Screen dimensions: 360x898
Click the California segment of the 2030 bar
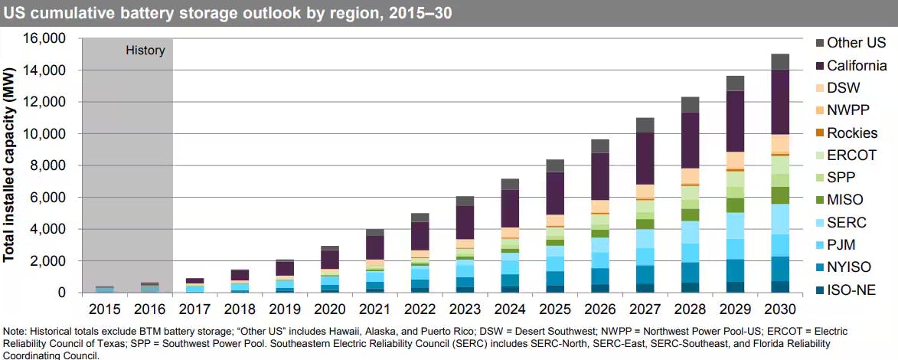[x=780, y=102]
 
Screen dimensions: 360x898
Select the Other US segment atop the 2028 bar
[x=690, y=105]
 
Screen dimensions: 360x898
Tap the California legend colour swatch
[x=820, y=66]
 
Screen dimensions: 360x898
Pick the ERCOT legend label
[x=852, y=155]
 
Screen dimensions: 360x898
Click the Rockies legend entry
[x=852, y=133]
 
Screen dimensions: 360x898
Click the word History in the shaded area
[x=145, y=51]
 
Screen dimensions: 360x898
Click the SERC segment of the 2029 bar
[x=735, y=226]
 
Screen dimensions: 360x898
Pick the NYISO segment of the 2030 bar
[x=780, y=269]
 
